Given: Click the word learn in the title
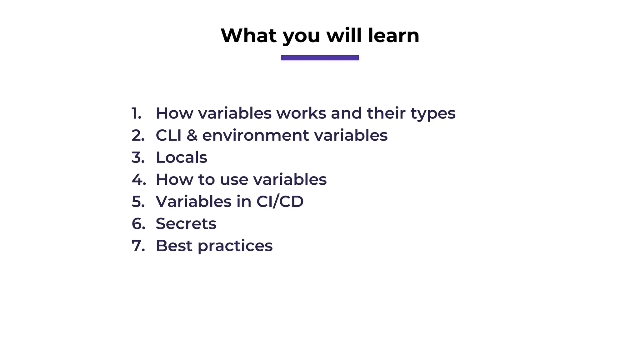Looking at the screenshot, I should click(393, 35).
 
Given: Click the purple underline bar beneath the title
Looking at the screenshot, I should click(320, 57).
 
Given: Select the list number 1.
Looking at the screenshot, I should click(136, 113).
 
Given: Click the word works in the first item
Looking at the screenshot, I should click(301, 113).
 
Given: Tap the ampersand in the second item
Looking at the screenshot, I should click(192, 135).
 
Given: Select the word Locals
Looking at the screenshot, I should click(181, 157).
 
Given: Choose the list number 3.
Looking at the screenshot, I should click(138, 157).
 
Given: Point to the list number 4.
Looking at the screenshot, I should click(139, 179).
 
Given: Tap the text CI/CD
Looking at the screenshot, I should click(280, 201).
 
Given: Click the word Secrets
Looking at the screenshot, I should click(186, 223).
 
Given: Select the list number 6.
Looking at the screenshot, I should click(138, 223).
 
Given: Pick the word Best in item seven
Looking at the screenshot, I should click(174, 246).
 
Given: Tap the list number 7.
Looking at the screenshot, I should click(138, 246).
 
